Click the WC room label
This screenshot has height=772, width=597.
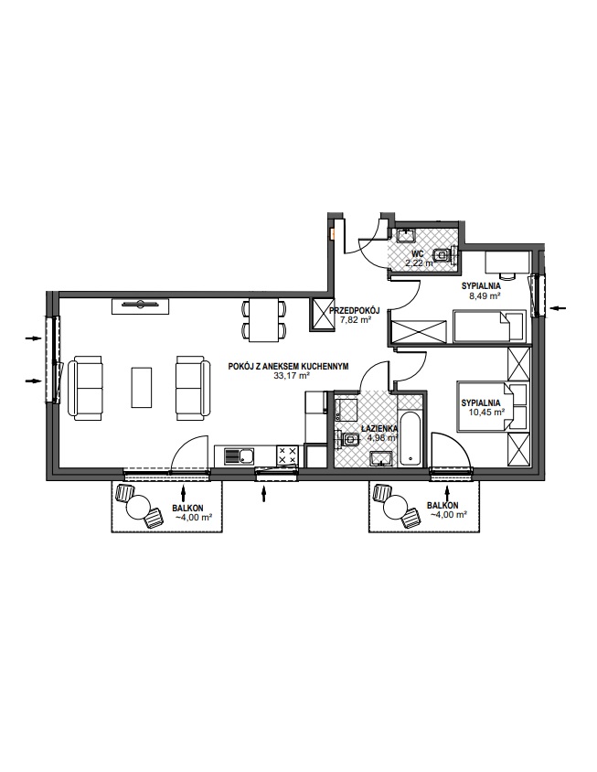click(418, 253)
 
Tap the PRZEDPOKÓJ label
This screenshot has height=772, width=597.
click(355, 310)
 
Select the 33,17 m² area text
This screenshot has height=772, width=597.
click(292, 375)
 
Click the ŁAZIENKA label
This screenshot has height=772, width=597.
click(379, 429)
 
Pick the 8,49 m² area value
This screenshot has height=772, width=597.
click(485, 295)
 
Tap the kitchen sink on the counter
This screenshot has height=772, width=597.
click(239, 456)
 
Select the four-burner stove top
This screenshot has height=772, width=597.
click(287, 455)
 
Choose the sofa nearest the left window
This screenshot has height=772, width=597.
click(86, 389)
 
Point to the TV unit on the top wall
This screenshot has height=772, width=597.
click(141, 306)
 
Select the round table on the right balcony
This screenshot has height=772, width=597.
click(395, 506)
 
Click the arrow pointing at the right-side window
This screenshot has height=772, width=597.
click(558, 308)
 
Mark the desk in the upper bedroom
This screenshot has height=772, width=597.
click(508, 262)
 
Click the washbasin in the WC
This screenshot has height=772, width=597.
click(406, 235)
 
